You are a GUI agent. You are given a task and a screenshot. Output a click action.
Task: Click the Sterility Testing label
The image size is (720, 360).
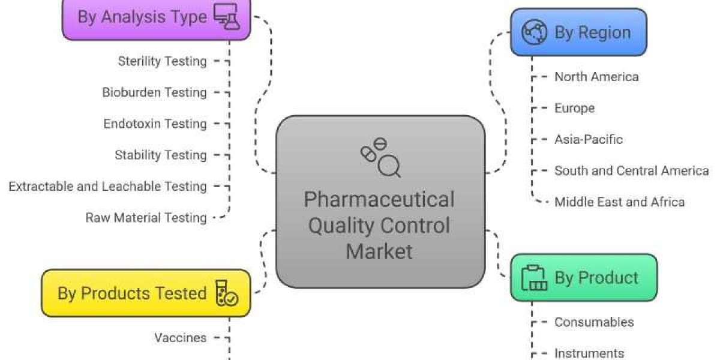point(162,61)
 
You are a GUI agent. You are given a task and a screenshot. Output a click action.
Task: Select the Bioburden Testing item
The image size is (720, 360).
point(154,92)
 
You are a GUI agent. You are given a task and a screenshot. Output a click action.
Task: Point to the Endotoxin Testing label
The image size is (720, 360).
point(155,124)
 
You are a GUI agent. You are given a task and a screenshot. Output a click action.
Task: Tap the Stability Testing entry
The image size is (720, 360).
point(161,155)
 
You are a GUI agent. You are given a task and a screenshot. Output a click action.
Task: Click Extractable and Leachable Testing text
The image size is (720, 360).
point(107,186)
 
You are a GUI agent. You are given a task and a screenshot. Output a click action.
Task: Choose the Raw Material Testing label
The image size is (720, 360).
point(146,217)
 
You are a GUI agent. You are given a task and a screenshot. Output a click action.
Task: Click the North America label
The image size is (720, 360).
point(596,76)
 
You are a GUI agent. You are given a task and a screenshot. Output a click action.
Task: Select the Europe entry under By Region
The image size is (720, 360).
point(574,108)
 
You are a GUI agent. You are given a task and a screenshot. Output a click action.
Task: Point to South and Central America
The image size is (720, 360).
point(631,170)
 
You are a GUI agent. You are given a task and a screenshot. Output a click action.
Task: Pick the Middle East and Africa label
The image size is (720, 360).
point(619,202)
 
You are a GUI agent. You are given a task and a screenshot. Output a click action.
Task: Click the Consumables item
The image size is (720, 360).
point(593,322)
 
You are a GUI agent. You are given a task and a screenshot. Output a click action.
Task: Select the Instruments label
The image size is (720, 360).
point(589,353)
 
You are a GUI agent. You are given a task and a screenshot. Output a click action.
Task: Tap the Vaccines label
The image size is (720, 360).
point(180,337)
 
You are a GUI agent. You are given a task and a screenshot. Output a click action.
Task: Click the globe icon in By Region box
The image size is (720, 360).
point(534,32)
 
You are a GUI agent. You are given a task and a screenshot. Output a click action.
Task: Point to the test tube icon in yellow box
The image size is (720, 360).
point(226,293)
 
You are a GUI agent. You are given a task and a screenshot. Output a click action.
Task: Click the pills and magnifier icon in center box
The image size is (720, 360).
point(380,157)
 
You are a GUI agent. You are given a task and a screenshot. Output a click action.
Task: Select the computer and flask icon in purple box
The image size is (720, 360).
point(226,16)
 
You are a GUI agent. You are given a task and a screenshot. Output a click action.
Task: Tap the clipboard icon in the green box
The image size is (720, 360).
point(534,277)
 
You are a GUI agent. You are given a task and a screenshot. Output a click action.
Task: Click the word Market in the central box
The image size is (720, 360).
point(380,251)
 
